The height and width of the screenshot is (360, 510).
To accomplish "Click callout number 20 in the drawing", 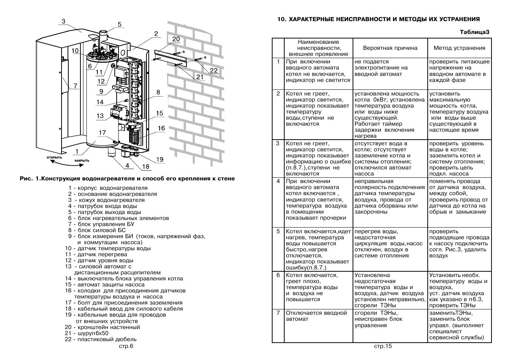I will tap(176, 39).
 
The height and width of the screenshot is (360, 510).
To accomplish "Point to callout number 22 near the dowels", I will tap(214, 70).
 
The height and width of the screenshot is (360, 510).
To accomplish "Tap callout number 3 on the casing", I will tap(63, 22).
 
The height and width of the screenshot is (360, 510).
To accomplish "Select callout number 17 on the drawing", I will tap(102, 132).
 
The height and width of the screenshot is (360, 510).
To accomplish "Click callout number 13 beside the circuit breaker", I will tap(100, 116).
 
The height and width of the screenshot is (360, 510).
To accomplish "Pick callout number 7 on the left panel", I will tap(75, 86).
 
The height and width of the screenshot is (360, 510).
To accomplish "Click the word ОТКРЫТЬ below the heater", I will tap(54, 157).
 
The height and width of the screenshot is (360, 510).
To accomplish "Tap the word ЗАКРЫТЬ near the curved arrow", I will tap(82, 160).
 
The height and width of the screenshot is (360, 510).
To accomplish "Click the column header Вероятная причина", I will tap(390, 48).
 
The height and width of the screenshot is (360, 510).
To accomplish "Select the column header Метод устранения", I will tap(459, 48).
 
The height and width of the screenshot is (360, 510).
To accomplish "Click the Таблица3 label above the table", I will tap(474, 32).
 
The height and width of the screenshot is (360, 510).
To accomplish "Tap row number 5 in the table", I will tap(278, 231).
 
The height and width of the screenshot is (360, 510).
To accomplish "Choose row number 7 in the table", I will tap(278, 313).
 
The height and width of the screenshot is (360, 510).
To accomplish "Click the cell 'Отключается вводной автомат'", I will tap(316, 316).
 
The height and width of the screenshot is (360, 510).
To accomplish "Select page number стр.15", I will tap(383, 346).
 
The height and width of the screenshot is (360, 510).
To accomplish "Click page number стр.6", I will tap(126, 346).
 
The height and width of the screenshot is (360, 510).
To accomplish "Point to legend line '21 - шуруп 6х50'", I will tap(86, 333).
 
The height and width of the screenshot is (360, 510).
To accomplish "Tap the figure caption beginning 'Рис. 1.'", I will tap(127, 178).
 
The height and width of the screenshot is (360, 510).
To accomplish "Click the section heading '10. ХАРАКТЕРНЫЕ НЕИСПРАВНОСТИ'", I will tap(378, 19).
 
